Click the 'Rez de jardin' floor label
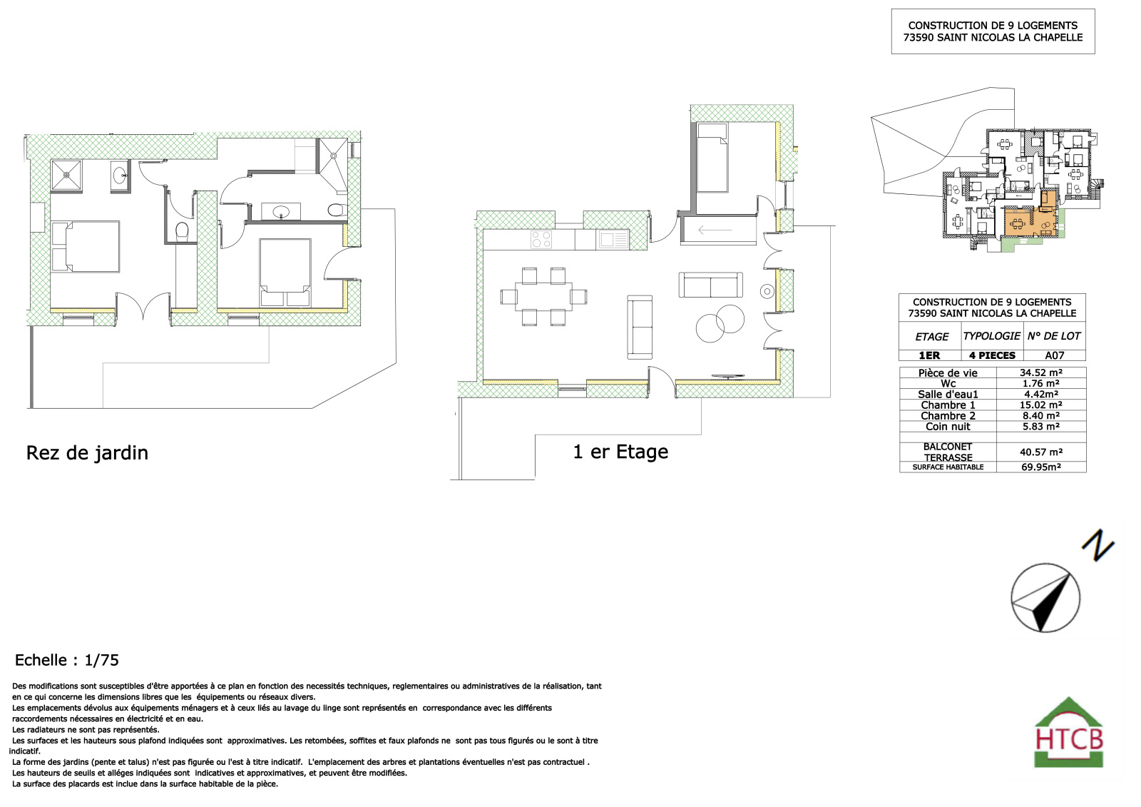87,452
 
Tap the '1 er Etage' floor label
620,452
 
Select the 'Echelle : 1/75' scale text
67,660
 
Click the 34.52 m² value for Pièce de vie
1040,372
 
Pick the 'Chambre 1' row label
948,405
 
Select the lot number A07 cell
1055,355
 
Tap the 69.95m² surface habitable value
1041,467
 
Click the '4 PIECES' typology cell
992,355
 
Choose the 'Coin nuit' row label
948,427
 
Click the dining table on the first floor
543,296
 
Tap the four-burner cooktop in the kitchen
541,240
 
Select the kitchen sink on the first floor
613,240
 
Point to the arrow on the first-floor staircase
715,230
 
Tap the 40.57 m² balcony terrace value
1040,452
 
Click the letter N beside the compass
1098,545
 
